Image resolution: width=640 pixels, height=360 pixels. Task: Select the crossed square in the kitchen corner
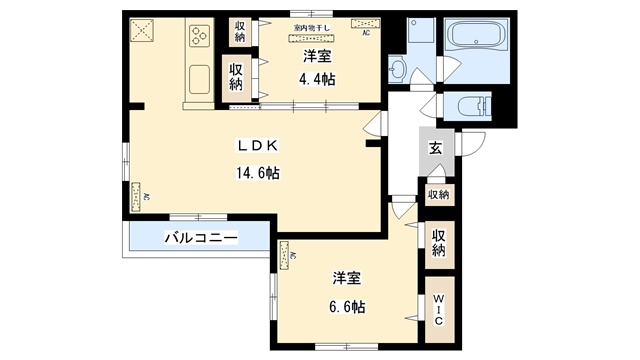pyautogui.click(x=142, y=29)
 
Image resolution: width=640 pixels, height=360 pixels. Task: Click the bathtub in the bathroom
pyautogui.click(x=476, y=41)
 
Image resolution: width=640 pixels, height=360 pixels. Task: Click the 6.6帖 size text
pyautogui.click(x=347, y=307)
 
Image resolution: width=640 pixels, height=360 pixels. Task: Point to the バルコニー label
pyautogui.click(x=201, y=239)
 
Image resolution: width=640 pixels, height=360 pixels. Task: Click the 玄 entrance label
pyautogui.click(x=437, y=149)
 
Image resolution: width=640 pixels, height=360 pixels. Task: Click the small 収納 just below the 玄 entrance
pyautogui.click(x=439, y=194)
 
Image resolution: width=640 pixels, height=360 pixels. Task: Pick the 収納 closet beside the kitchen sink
pyautogui.click(x=235, y=76)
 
